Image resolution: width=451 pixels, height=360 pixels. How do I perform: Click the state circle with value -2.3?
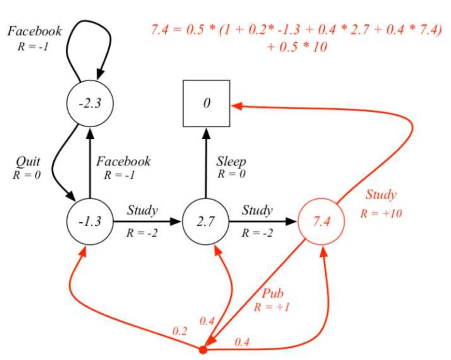point(90,103)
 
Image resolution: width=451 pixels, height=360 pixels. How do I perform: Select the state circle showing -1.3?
point(90,221)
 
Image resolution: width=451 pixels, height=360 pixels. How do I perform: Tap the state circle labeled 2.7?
point(206,221)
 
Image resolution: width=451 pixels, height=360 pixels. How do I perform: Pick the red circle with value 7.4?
point(321,221)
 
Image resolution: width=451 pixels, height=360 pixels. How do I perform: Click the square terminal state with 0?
point(206,103)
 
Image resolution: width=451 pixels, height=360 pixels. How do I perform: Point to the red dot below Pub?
point(203,350)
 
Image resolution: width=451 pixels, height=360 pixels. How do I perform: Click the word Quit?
point(28,161)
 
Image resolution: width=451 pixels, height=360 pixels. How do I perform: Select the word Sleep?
point(231,161)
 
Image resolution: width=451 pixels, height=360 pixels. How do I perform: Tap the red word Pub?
point(273,293)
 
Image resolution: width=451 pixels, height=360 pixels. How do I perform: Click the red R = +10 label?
point(381,214)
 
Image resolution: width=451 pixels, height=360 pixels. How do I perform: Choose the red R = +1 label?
point(272,307)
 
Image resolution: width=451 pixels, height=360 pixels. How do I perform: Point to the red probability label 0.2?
point(179,331)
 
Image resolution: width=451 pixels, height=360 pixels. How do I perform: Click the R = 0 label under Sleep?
point(231,174)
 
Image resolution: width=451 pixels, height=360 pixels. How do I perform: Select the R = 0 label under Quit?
point(27,175)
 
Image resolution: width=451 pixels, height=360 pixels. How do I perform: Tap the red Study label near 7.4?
point(381,195)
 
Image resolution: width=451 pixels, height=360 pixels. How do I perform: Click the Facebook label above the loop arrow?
point(34,31)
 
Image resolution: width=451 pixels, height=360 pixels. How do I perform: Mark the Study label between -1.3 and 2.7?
point(142,210)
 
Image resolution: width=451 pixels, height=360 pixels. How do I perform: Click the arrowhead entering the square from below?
point(206,133)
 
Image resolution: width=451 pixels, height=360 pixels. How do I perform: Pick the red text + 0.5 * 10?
point(297,47)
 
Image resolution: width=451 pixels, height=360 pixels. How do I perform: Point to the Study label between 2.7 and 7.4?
point(257,210)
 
